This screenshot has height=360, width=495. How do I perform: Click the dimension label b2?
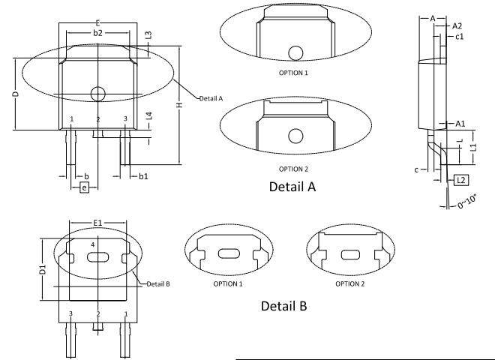tap(97, 34)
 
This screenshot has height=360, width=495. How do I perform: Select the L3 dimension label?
tap(149, 35)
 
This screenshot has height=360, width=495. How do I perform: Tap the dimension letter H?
tap(178, 105)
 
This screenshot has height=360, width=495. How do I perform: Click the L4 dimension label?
tap(149, 116)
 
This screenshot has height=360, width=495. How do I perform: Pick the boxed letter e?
tap(84, 186)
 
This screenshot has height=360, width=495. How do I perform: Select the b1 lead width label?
tap(142, 175)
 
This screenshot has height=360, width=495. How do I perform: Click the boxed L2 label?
tap(460, 180)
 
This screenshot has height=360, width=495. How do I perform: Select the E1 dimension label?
tap(97, 223)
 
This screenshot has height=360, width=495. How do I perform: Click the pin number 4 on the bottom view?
tap(93, 245)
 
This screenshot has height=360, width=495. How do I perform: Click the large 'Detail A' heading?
tap(292, 187)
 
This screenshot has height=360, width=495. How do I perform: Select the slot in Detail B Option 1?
tap(227, 254)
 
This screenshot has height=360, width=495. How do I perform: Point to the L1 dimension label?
tap(473, 148)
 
